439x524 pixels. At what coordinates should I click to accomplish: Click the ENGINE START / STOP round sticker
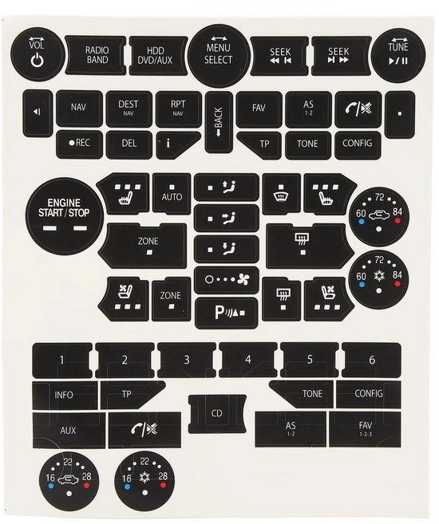[64, 215]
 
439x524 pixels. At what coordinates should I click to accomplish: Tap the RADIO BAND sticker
[96, 56]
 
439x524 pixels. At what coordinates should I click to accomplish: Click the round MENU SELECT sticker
[219, 56]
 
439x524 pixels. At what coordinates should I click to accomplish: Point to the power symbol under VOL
[37, 61]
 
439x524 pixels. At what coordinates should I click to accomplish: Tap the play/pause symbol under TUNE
[398, 61]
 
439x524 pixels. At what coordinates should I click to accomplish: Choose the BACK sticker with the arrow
[219, 122]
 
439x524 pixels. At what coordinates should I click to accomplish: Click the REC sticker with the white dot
[80, 144]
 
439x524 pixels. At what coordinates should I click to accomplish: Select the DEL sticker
[129, 144]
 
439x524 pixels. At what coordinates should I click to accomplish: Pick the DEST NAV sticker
[129, 108]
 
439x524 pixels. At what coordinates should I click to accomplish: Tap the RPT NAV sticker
[178, 108]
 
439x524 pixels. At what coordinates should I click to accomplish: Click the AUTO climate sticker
[172, 194]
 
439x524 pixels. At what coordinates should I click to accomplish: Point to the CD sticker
[217, 414]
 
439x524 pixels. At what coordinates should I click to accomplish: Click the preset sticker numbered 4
[248, 360]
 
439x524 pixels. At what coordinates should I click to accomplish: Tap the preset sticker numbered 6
[371, 360]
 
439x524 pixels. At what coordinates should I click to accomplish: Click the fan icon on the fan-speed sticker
[243, 279]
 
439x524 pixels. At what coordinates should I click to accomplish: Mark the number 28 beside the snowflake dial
[163, 476]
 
